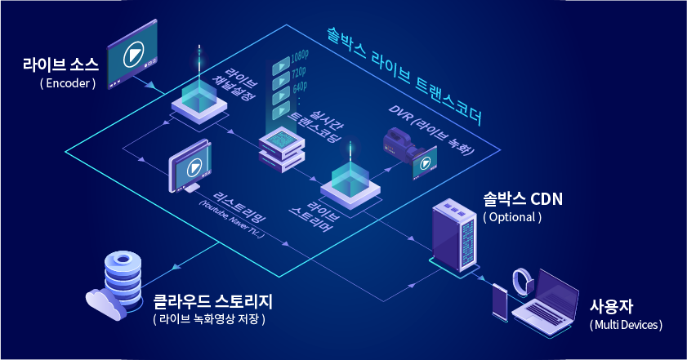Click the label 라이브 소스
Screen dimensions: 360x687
pyautogui.click(x=60, y=64)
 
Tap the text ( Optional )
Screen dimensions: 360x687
pyautogui.click(x=512, y=217)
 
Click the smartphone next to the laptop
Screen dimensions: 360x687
pyautogui.click(x=501, y=301)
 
